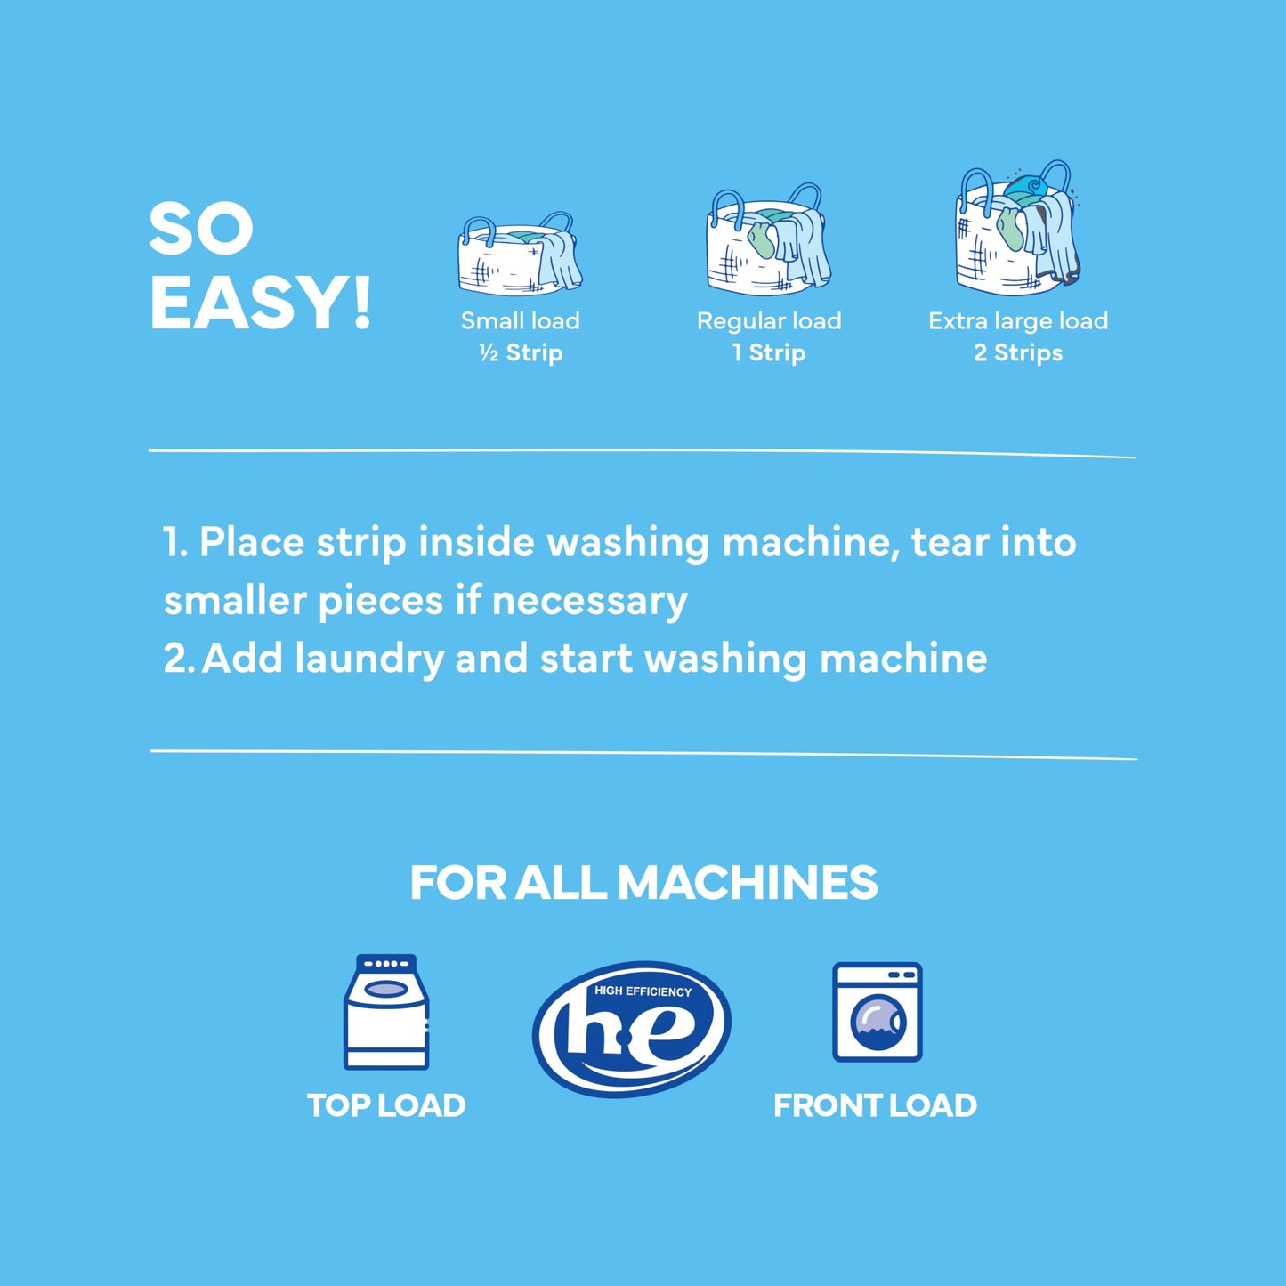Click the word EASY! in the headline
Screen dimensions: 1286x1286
pyautogui.click(x=260, y=303)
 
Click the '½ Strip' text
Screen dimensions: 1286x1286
pyautogui.click(x=521, y=353)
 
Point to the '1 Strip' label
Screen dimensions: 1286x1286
pyautogui.click(x=769, y=353)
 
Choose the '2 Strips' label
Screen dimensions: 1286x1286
pyautogui.click(x=1018, y=353)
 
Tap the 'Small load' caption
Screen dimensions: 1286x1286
pyautogui.click(x=520, y=320)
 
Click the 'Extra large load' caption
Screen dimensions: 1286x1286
pyautogui.click(x=1018, y=320)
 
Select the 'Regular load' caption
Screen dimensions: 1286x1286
pyautogui.click(x=769, y=320)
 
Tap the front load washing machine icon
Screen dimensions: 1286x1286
pyautogui.click(x=877, y=1012)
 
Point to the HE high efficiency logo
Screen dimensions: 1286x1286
pyautogui.click(x=632, y=1028)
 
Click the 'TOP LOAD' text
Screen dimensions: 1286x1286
pyautogui.click(x=386, y=1105)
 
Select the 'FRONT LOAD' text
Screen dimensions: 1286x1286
pyautogui.click(x=875, y=1105)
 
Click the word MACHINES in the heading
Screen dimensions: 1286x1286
pyautogui.click(x=747, y=883)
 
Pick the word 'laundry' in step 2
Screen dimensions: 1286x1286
pyautogui.click(x=368, y=659)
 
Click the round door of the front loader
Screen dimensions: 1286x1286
pyautogui.click(x=878, y=1020)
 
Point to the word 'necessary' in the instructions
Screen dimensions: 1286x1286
pyautogui.click(x=589, y=601)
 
